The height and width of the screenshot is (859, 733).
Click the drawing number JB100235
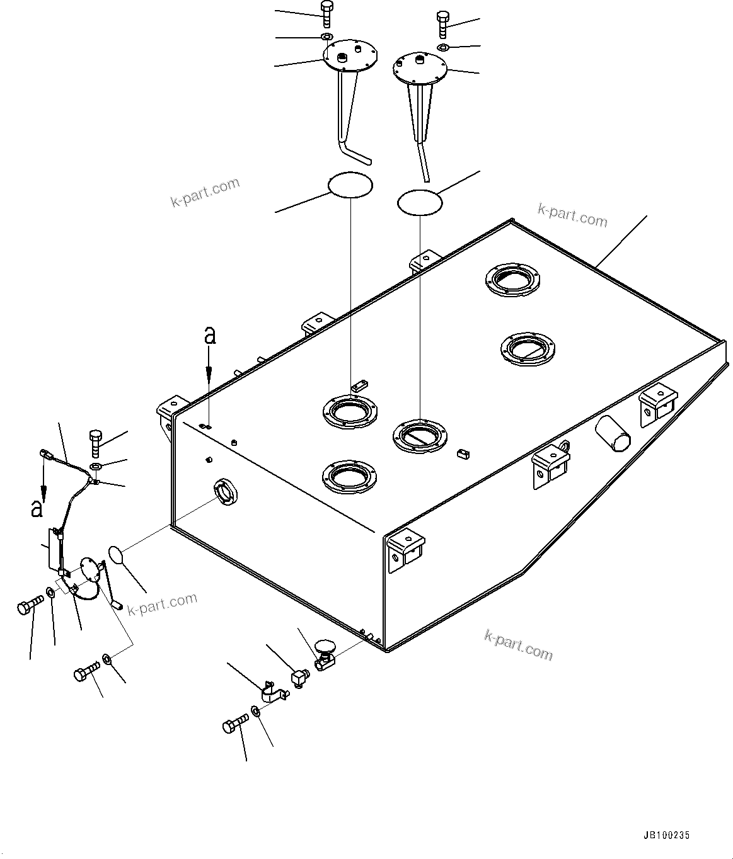pyautogui.click(x=666, y=836)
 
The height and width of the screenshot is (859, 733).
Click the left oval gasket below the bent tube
pyautogui.click(x=350, y=185)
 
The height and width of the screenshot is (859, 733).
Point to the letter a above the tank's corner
pyautogui.click(x=210, y=337)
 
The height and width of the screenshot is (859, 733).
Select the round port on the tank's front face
pyautogui.click(x=226, y=490)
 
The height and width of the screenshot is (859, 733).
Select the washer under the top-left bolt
pyautogui.click(x=326, y=37)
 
